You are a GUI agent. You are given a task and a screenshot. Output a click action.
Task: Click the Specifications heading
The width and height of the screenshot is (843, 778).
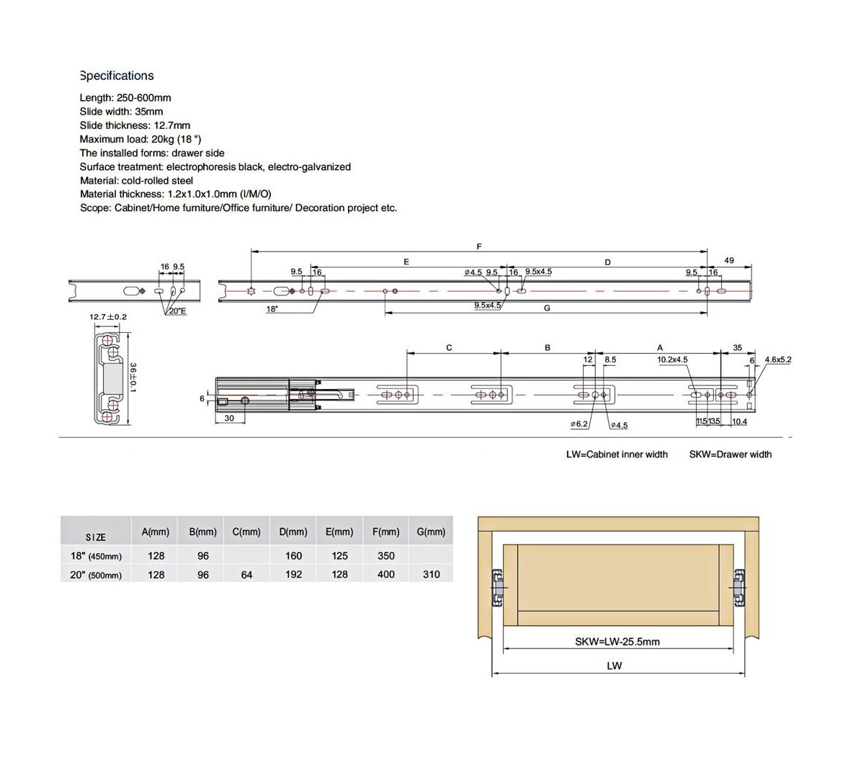(x=117, y=76)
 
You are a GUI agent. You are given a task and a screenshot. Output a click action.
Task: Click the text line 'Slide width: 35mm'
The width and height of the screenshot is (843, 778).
(x=121, y=112)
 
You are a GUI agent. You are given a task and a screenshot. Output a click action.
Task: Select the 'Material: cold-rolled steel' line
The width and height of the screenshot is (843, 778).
(x=136, y=180)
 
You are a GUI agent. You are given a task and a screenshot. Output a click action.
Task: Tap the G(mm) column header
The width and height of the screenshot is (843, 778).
(x=431, y=532)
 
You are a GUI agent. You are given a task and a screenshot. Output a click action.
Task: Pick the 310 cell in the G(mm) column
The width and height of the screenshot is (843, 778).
(x=432, y=575)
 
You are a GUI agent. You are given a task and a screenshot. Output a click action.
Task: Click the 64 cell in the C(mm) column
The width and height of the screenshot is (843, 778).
(x=246, y=575)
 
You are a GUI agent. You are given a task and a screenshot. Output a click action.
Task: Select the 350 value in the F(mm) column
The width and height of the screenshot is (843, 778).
(x=386, y=555)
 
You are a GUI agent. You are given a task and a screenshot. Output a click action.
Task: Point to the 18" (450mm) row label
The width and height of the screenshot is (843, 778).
(x=95, y=555)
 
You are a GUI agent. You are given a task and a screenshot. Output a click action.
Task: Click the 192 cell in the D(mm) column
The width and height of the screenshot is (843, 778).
(x=293, y=575)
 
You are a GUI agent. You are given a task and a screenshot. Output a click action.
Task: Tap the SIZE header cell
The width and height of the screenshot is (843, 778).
(x=95, y=537)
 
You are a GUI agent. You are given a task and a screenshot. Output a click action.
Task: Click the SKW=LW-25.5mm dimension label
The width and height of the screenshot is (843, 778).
(x=617, y=641)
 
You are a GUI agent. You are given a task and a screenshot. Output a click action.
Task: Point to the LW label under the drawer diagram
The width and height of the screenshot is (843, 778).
(x=614, y=666)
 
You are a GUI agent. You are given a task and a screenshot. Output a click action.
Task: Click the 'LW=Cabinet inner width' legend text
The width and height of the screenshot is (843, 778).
(x=617, y=455)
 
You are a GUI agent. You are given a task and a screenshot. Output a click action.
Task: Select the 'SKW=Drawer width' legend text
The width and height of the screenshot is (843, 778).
(x=730, y=455)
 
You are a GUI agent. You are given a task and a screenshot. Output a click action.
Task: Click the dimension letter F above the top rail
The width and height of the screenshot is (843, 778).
(x=479, y=246)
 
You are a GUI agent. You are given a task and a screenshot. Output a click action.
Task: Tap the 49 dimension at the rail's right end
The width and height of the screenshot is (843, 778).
(x=729, y=261)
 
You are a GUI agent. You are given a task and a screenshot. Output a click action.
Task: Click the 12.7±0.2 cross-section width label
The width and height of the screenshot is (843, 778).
(x=108, y=317)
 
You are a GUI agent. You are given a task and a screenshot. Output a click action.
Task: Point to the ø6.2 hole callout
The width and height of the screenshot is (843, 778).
(x=579, y=424)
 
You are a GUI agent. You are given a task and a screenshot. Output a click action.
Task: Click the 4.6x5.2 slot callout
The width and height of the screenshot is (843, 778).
(x=778, y=359)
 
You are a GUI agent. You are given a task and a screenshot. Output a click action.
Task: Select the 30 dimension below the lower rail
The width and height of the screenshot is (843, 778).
(x=229, y=418)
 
